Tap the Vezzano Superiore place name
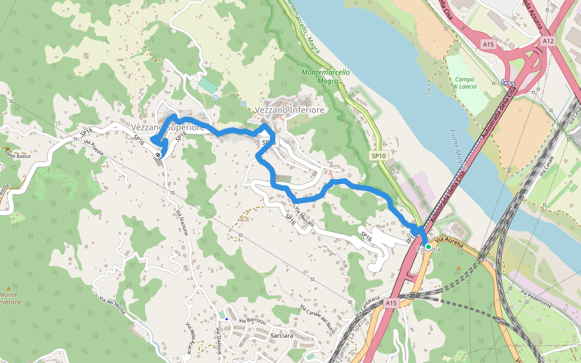tap(166, 128)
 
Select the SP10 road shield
tap(378, 156)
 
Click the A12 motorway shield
tap(548, 41)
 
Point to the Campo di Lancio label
tap(465, 83)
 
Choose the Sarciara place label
tap(283, 336)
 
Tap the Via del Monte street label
tap(112, 303)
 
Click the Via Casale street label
tap(548, 166)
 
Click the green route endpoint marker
tap(428, 247)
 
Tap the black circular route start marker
tap(158, 155)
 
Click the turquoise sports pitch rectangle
tap(207, 85)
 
